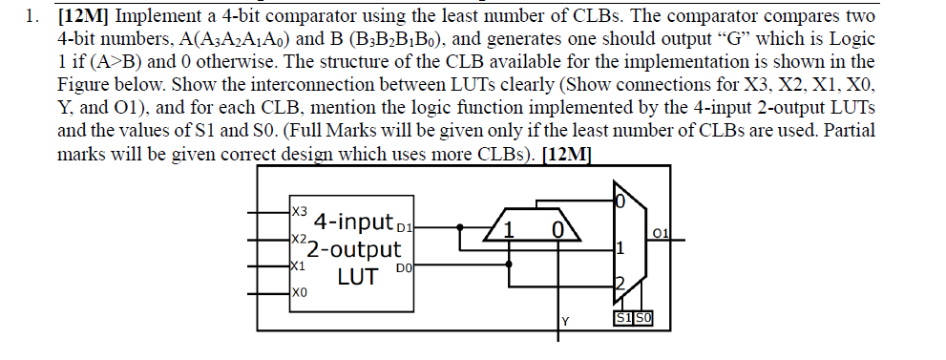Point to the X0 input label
299,293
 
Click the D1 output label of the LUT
402,228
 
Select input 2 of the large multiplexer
618,283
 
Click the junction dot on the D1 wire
461,227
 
